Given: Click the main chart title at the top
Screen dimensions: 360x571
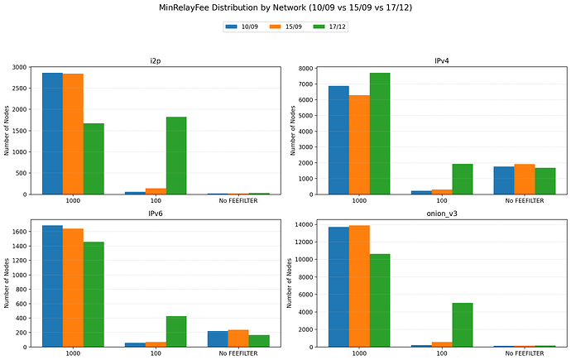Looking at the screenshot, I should click(x=285, y=7).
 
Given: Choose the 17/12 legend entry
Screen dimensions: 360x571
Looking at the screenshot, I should click(x=329, y=26).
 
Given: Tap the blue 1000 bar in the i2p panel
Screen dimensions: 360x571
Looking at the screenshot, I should click(x=52, y=133).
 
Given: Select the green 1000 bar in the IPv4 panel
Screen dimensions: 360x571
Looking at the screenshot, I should click(x=380, y=133).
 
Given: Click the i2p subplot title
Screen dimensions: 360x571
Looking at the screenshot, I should click(x=156, y=60).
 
